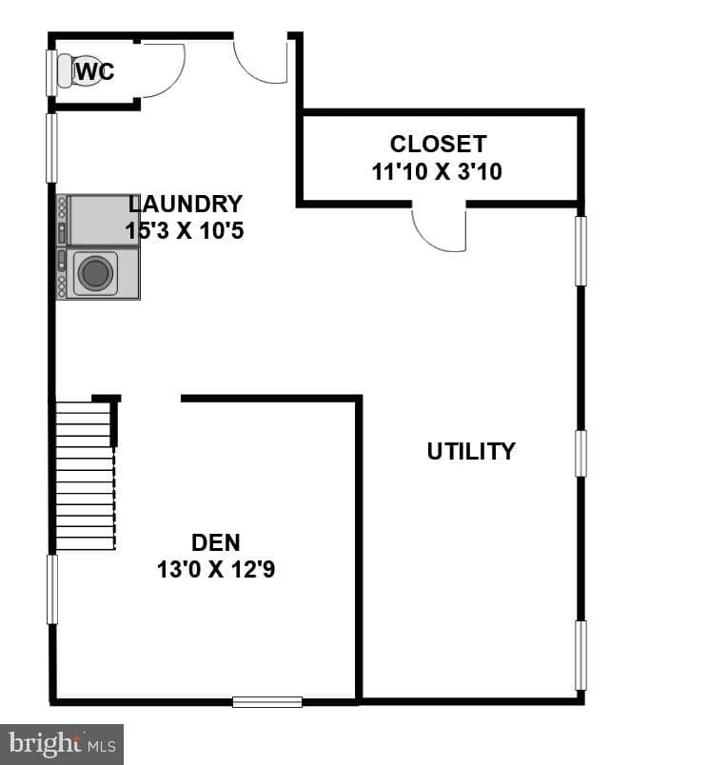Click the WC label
tap(95, 71)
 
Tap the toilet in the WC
tap(78, 71)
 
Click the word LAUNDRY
tap(186, 204)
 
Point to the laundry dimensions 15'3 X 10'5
tap(185, 230)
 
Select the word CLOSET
tap(438, 144)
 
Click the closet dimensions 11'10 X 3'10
tap(437, 171)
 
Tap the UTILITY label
tap(471, 451)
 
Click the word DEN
tap(216, 542)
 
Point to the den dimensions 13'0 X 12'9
tap(216, 569)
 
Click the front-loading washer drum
tap(95, 273)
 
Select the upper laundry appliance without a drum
tap(98, 220)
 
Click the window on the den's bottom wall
tap(266, 702)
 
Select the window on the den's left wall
tap(51, 589)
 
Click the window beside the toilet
tap(51, 73)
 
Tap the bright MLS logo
tap(62, 744)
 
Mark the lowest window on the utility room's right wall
tap(580, 656)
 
